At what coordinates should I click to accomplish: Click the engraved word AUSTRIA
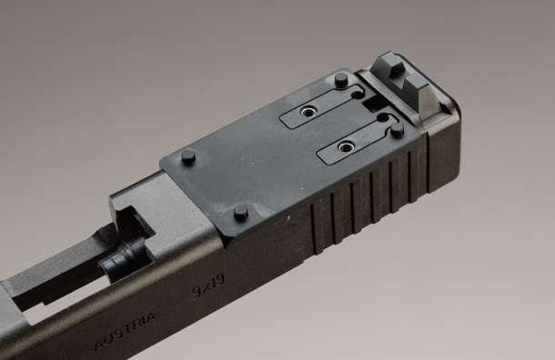tap(125, 331)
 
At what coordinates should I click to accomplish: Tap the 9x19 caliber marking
tap(208, 285)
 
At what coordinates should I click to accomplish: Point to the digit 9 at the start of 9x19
tap(197, 292)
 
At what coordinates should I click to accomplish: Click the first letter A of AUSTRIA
tap(99, 345)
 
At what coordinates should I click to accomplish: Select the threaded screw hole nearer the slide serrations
tap(344, 146)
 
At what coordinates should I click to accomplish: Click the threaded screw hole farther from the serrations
tap(307, 112)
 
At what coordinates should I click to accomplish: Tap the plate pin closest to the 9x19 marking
tap(241, 213)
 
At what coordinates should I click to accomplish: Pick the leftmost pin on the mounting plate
tap(188, 156)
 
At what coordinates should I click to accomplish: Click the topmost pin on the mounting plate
tap(341, 80)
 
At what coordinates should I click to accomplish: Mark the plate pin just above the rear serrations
tap(397, 130)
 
